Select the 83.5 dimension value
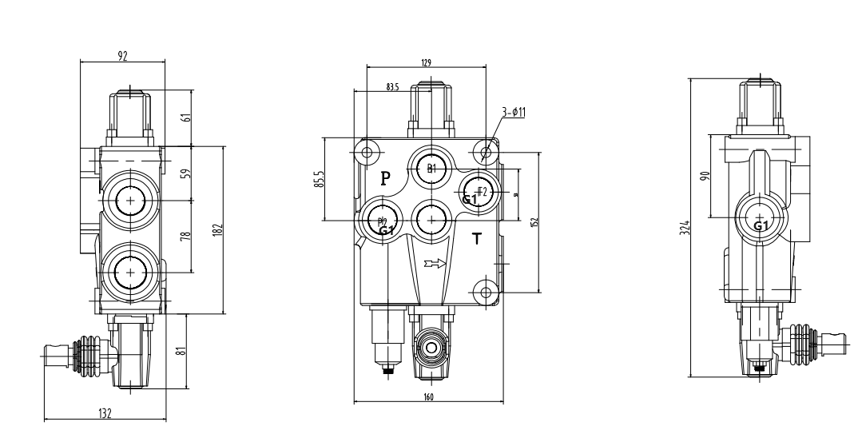pos(392,87)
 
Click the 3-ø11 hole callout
pos(514,113)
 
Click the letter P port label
pos(385,177)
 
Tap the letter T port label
pos(477,237)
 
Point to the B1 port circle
pos(431,168)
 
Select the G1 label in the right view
pos(762,225)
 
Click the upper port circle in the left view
pos(128,201)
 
